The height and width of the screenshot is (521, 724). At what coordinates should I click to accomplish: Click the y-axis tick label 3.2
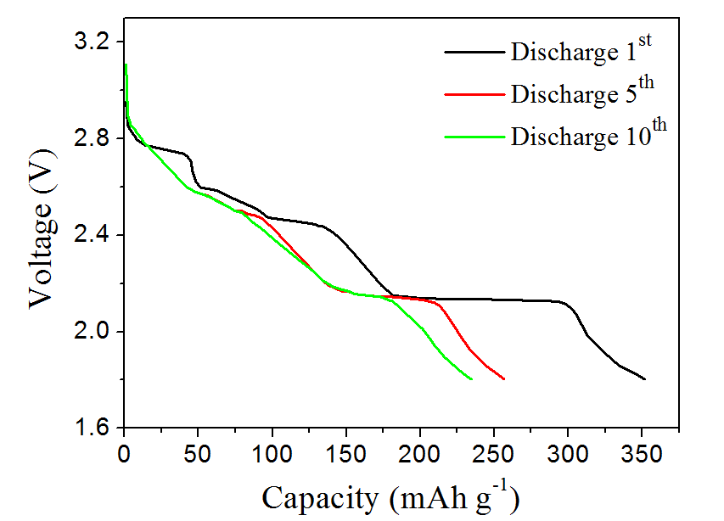click(x=94, y=42)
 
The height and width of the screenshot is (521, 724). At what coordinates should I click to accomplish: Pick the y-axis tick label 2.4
click(x=94, y=235)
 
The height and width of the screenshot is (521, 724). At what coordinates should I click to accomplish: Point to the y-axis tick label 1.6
click(x=94, y=428)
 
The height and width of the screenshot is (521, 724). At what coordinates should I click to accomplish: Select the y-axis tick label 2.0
click(x=94, y=331)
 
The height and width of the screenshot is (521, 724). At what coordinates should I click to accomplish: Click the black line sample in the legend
click(x=474, y=53)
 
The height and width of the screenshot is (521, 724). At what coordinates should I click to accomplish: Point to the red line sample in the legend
click(x=474, y=94)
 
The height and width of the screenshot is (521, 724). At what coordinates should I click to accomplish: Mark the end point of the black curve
click(x=645, y=379)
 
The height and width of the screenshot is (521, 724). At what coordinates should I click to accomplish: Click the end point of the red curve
click(x=504, y=379)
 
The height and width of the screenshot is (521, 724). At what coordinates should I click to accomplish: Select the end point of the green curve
click(x=472, y=379)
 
